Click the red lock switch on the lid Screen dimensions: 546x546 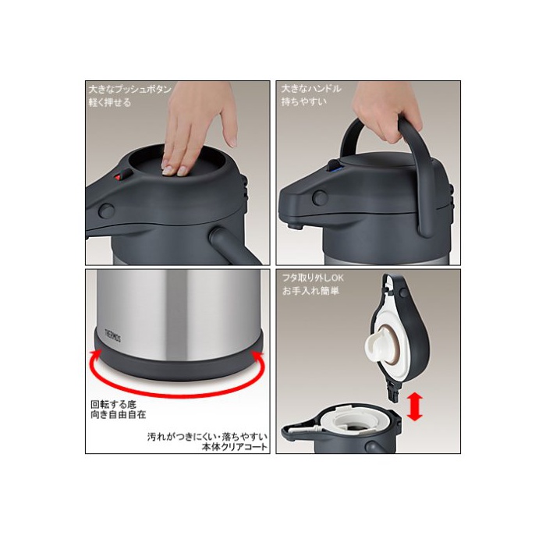[x=119, y=177]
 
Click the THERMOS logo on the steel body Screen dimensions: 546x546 [x=113, y=334]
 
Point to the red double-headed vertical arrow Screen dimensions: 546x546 [x=414, y=406]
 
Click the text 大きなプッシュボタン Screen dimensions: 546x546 [x=130, y=90]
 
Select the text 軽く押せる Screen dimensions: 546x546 [x=110, y=102]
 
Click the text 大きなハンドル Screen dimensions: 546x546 [x=311, y=89]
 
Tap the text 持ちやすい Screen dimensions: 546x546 [x=304, y=101]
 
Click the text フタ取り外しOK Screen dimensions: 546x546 [x=313, y=278]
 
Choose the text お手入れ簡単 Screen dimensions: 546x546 [x=310, y=291]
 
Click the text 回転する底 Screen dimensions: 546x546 [x=114, y=405]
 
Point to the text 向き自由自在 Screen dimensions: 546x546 [x=118, y=415]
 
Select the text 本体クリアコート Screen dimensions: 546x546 [x=234, y=447]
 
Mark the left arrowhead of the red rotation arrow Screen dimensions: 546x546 [x=95, y=355]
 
